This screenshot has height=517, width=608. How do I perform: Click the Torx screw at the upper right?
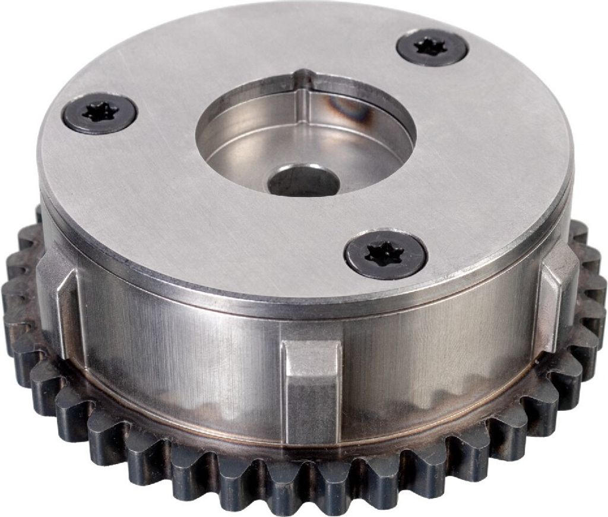(432, 47)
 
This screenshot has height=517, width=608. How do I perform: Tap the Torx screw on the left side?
(100, 113)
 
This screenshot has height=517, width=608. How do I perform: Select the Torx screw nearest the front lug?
(386, 254)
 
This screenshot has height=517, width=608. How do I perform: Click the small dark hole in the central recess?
(303, 182)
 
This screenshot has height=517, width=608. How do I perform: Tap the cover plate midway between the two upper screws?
(261, 65)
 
